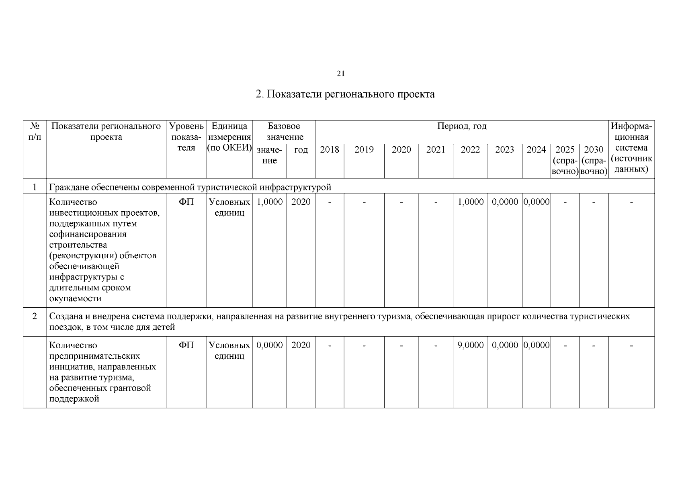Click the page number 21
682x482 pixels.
click(340, 74)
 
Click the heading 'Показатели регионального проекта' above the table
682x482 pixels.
click(345, 94)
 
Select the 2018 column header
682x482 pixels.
click(329, 150)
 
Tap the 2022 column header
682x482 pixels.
click(470, 150)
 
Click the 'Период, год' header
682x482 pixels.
click(461, 127)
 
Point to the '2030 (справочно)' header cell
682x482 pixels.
click(593, 160)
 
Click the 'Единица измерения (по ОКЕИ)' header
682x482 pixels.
click(229, 137)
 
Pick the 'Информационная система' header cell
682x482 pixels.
click(631, 148)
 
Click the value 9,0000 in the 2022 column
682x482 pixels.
click(470, 345)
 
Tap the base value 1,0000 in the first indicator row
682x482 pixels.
click(269, 202)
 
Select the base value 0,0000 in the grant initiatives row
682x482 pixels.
click(269, 345)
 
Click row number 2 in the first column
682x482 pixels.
click(35, 317)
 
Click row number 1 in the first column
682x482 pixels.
click(35, 187)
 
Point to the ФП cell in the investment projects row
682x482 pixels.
click(186, 202)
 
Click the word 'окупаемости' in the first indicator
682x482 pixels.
click(75, 299)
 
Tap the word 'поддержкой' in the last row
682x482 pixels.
click(74, 399)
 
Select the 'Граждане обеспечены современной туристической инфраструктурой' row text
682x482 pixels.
click(190, 187)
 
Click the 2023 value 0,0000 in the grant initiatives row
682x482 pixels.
click(505, 345)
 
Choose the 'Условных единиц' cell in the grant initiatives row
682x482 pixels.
click(229, 351)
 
